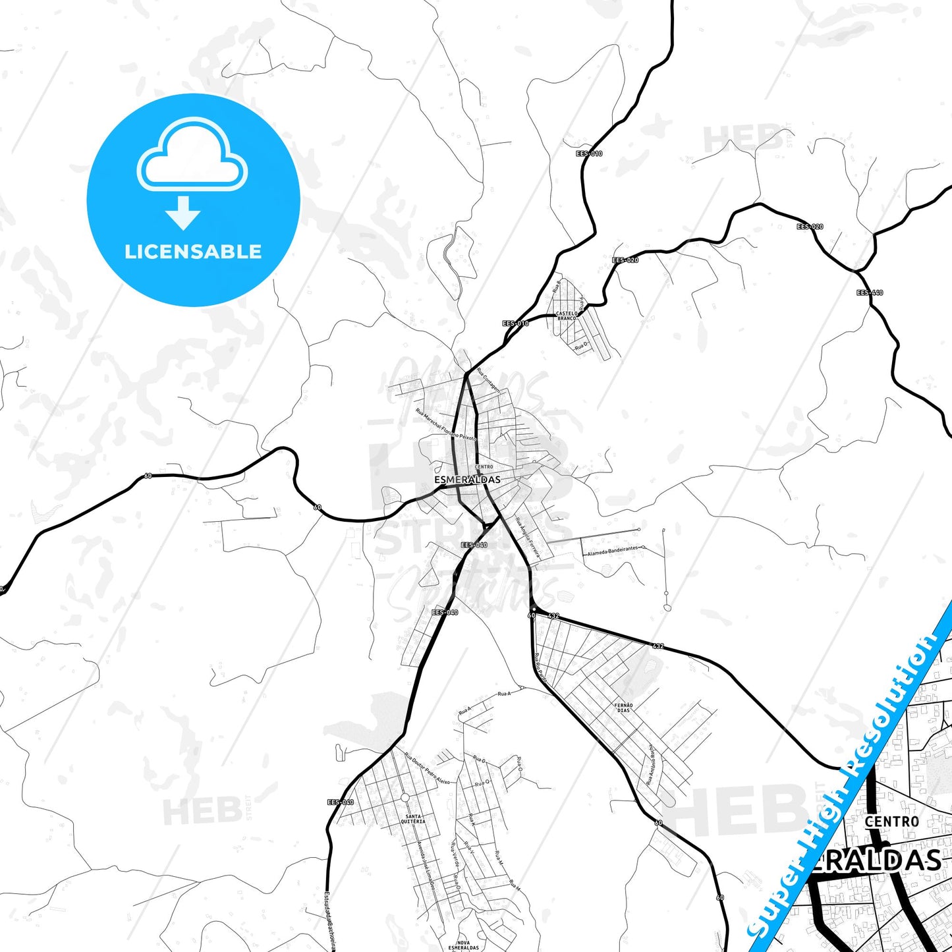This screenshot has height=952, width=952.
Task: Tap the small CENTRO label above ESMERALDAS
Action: (484, 466)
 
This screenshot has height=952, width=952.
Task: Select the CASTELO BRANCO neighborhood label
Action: (566, 316)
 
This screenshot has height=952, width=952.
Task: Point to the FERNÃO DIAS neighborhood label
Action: (623, 708)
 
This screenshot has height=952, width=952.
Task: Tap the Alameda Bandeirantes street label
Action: (613, 549)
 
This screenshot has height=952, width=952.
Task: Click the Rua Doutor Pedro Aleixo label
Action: (427, 768)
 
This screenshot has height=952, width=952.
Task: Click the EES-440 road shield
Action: (870, 293)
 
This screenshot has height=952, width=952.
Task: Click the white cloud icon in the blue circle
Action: (192, 157)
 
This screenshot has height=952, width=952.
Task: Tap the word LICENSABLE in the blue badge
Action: (193, 252)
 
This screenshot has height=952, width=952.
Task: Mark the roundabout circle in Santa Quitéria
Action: (405, 798)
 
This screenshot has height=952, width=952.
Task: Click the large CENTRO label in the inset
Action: (891, 822)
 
